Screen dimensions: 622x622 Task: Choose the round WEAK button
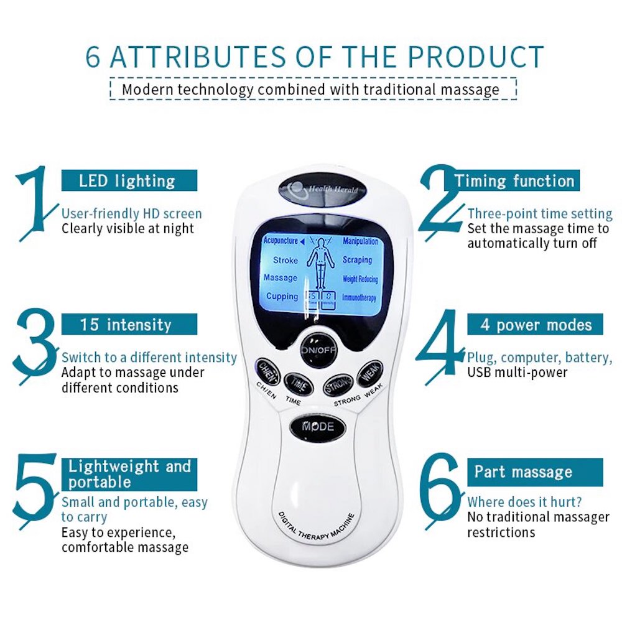(x=369, y=373)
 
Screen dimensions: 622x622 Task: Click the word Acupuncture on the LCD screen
(x=281, y=241)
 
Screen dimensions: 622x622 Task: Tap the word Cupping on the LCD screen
(x=282, y=296)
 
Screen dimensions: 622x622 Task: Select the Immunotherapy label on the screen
(x=360, y=298)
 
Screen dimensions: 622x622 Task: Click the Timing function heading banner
(x=514, y=181)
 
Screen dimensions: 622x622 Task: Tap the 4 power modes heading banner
(x=535, y=324)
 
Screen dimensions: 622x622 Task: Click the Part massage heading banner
(x=535, y=471)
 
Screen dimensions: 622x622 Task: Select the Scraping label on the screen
(x=357, y=260)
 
